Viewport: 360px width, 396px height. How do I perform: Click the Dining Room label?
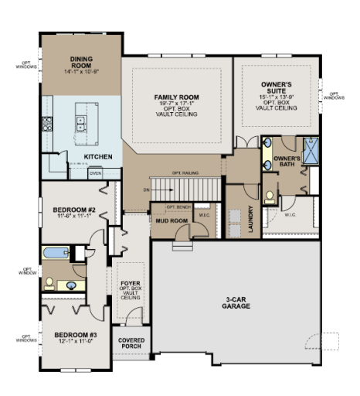(x=81, y=61)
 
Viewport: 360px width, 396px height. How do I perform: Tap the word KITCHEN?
(x=99, y=157)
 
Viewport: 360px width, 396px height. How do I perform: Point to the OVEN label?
(x=95, y=174)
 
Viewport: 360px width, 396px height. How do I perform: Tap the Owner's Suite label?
(x=277, y=85)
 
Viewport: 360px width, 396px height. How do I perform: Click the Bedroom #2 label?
(x=73, y=210)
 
